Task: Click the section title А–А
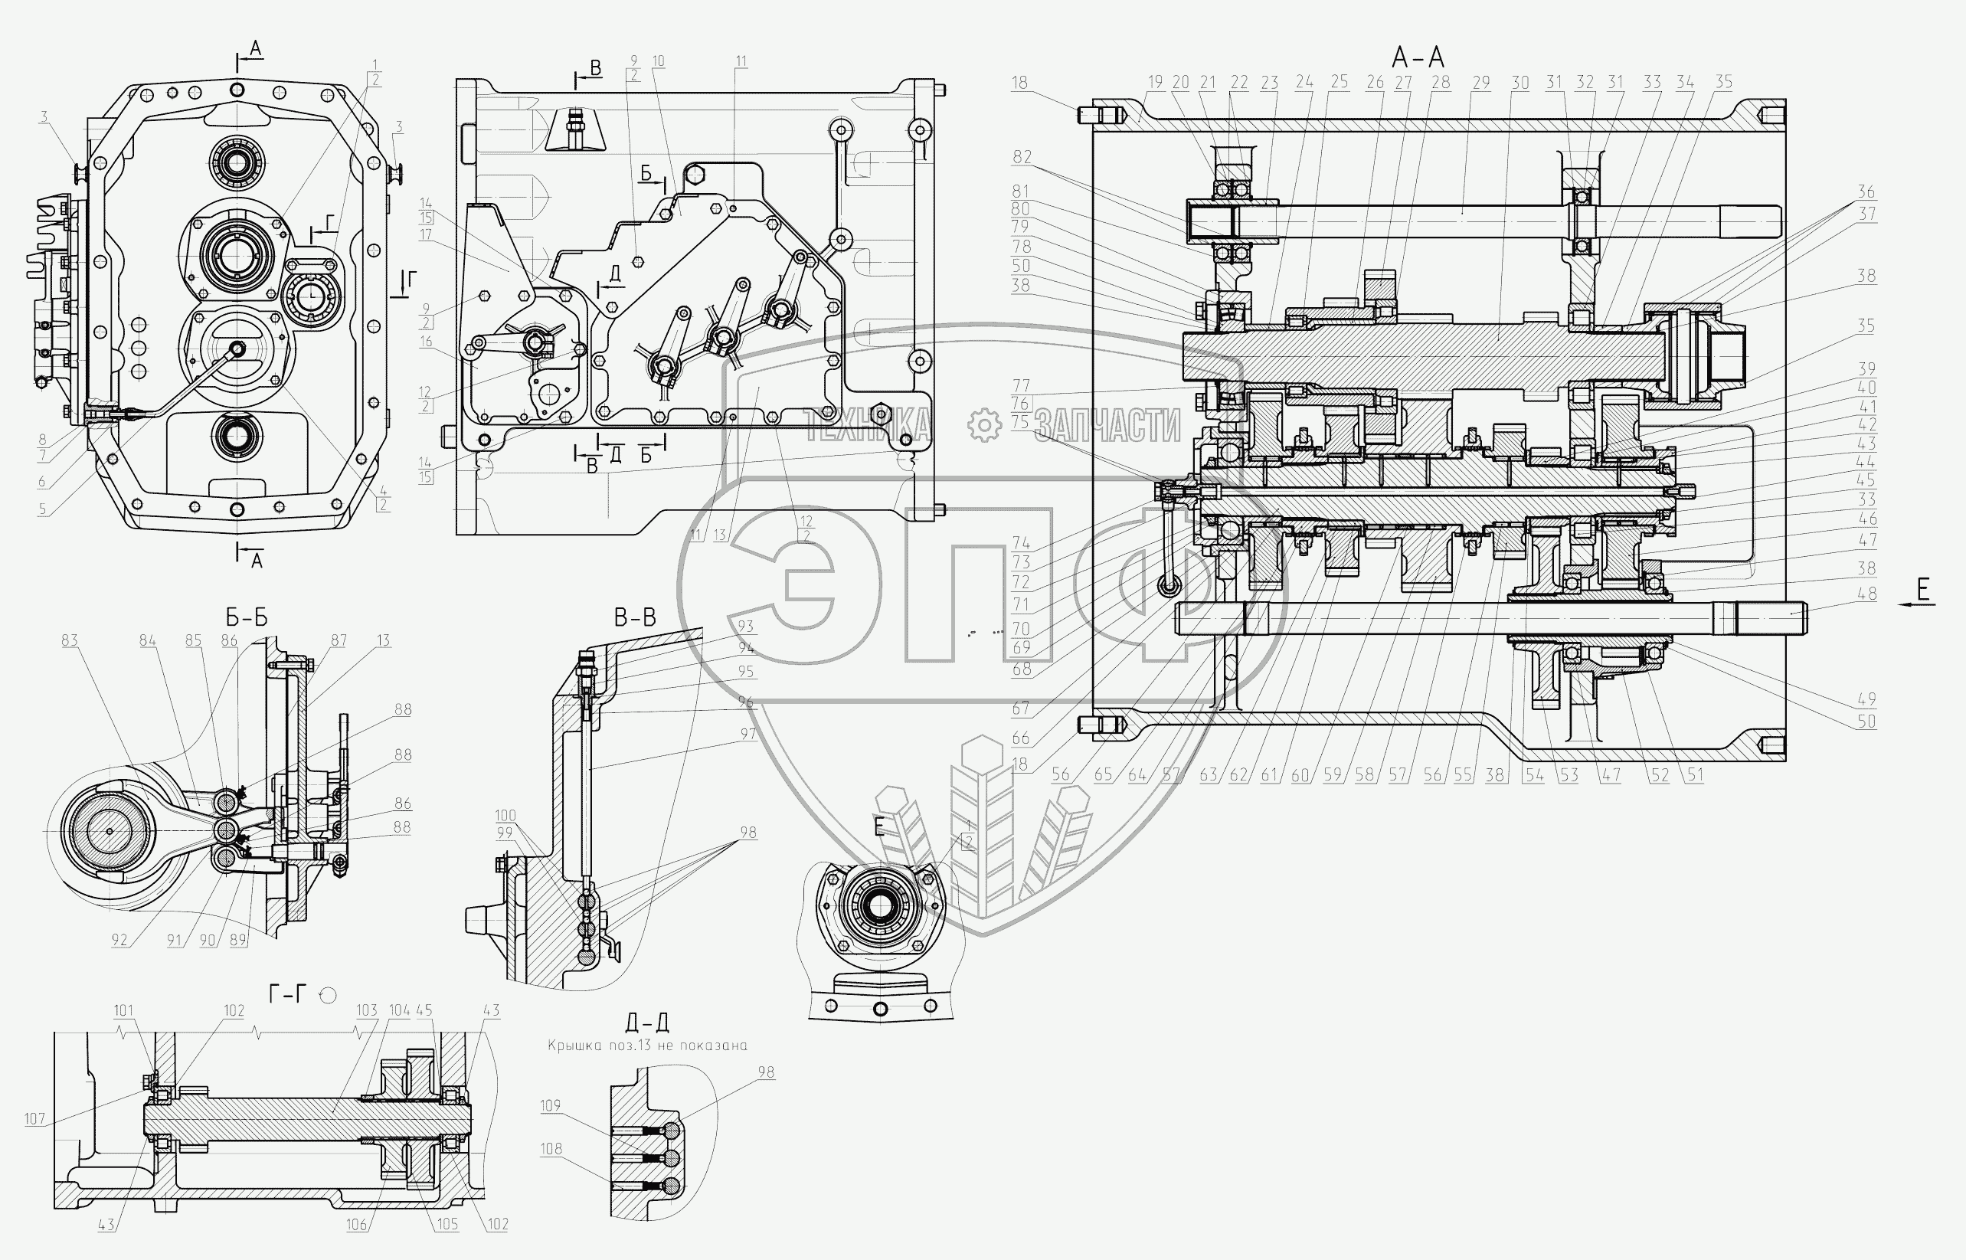coord(1418,58)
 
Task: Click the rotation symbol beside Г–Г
coord(328,995)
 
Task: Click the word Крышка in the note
coord(573,1045)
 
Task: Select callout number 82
coord(1022,156)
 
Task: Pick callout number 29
coord(1481,83)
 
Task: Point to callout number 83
coord(70,640)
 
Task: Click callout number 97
coord(747,734)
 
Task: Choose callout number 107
coord(34,1118)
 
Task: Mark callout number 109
coord(550,1105)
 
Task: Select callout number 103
coord(367,1010)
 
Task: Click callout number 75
coord(1020,421)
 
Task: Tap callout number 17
coord(425,235)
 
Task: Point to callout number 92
coord(119,940)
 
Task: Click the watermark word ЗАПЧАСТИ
coord(1107,425)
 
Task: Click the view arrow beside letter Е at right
coord(1916,604)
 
